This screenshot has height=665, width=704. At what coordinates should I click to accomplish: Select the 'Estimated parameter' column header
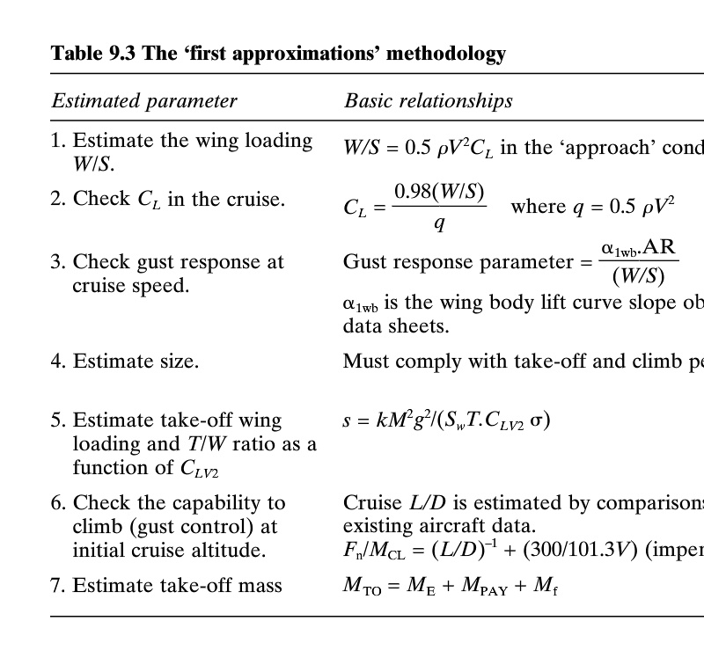click(x=144, y=101)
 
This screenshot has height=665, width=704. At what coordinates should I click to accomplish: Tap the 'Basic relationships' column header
click(x=429, y=101)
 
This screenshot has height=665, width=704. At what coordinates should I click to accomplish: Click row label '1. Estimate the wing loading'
click(x=192, y=141)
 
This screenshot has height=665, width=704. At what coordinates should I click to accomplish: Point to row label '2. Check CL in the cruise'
click(x=167, y=199)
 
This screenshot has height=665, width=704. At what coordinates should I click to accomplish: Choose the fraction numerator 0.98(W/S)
click(x=439, y=192)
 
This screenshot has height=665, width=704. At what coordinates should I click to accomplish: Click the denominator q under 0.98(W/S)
click(x=439, y=223)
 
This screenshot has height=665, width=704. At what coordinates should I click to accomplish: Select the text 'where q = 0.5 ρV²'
click(x=592, y=206)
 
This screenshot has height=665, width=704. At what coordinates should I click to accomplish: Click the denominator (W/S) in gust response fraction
click(x=638, y=276)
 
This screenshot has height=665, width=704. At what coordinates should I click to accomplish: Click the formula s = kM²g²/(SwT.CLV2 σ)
click(x=446, y=420)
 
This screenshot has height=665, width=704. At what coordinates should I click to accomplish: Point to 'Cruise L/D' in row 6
click(x=394, y=503)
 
